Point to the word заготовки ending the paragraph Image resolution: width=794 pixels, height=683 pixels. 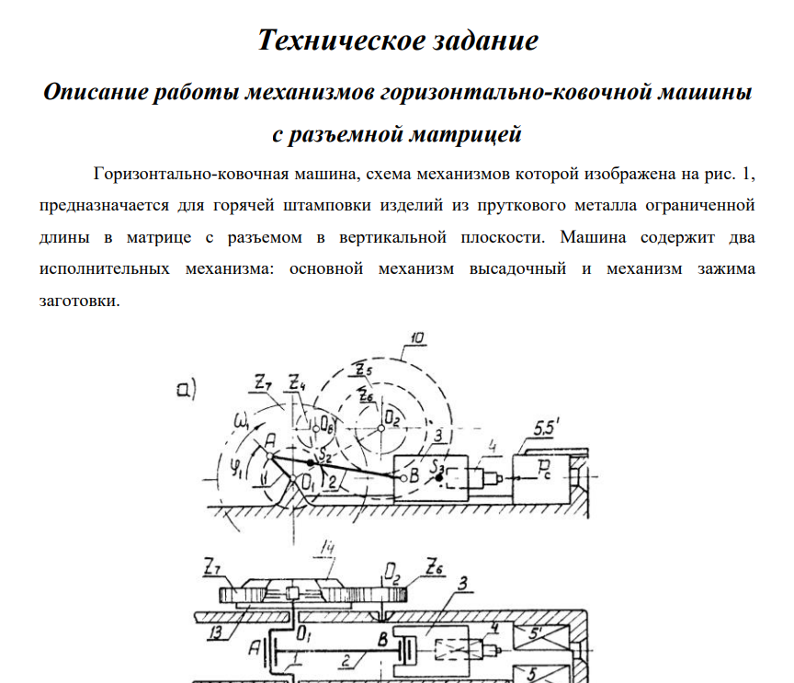pyautogui.click(x=79, y=301)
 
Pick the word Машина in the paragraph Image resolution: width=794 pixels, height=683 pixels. pyautogui.click(x=593, y=237)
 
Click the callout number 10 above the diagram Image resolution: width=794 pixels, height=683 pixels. pyautogui.click(x=416, y=338)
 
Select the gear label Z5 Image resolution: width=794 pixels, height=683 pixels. pyautogui.click(x=364, y=370)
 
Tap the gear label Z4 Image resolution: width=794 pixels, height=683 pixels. pyautogui.click(x=297, y=382)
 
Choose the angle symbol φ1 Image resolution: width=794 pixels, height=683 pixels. pyautogui.click(x=236, y=467)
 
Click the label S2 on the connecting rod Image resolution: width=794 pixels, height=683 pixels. pyautogui.click(x=324, y=457)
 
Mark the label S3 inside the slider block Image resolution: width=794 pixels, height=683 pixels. pyautogui.click(x=437, y=466)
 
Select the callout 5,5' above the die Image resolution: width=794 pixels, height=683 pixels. pyautogui.click(x=546, y=428)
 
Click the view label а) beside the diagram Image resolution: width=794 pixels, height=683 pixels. pyautogui.click(x=187, y=389)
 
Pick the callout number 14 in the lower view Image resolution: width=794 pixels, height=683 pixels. pyautogui.click(x=328, y=548)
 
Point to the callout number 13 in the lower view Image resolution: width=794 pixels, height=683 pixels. pyautogui.click(x=216, y=633)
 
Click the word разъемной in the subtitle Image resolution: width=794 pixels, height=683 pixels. pyautogui.click(x=346, y=134)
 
